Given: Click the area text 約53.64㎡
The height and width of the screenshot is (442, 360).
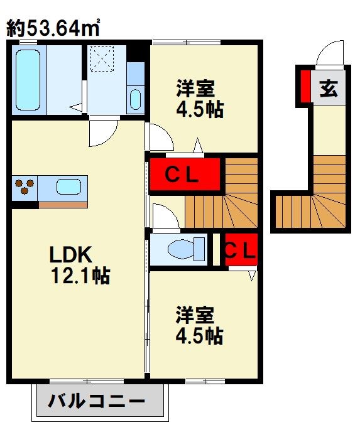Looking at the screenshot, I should click(54, 27).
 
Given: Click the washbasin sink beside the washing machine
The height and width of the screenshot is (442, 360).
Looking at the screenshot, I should click(135, 98).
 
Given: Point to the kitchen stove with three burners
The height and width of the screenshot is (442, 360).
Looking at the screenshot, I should click(25, 186).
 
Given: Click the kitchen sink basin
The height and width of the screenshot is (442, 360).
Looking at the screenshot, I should click(67, 186).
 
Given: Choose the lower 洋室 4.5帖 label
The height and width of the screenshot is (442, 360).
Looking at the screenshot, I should click(199, 324).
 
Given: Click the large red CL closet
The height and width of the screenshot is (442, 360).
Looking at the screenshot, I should click(184, 175).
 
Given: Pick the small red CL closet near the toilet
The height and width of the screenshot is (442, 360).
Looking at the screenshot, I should click(241, 250).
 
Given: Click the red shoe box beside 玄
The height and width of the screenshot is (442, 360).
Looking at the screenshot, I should click(304, 86).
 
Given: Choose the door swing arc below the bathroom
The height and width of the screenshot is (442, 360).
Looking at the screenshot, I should click(101, 132).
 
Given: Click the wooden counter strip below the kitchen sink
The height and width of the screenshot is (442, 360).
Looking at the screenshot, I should click(63, 205).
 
